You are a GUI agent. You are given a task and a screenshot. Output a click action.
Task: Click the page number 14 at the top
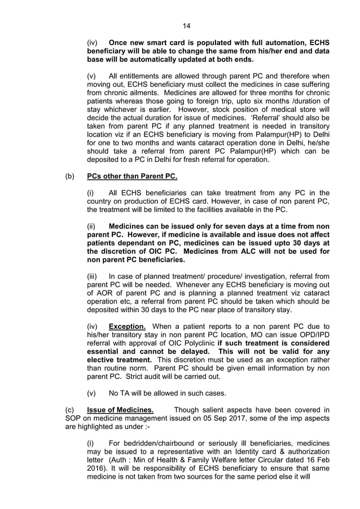click(x=187, y=25)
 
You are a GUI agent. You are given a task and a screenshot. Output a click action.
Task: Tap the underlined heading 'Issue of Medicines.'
click(x=120, y=409)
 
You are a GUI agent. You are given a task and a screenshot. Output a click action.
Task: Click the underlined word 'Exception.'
click(x=127, y=326)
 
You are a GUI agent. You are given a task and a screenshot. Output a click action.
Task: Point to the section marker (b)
click(x=71, y=177)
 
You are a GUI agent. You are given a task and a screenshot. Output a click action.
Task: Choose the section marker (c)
click(x=71, y=409)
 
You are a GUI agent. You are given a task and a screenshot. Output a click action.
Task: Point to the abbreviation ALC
click(x=247, y=251)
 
